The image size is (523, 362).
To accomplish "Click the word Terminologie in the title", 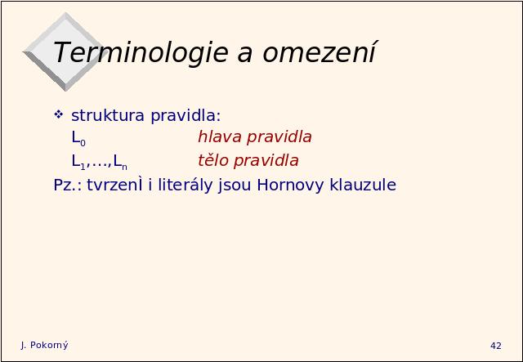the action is point(141,53).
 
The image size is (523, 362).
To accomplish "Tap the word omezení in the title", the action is point(320,52).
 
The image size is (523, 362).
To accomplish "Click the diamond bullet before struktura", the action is point(58,114).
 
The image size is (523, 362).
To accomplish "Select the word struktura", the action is point(108,115).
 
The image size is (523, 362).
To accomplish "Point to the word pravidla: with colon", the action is point(186,115).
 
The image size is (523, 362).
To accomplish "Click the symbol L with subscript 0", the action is point(78,138).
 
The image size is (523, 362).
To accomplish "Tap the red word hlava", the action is point(220,136).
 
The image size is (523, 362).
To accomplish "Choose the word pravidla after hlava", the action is point(279,137).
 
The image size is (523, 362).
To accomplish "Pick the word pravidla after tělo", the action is point(266,161).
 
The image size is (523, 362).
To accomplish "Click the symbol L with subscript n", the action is point(120,162).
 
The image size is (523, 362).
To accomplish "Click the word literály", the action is point(186,185).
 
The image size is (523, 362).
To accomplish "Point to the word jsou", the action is point(235,185).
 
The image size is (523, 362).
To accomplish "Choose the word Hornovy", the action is point(290,185).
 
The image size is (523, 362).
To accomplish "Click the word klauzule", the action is point(363,185).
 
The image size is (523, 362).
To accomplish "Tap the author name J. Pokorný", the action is point(44,346).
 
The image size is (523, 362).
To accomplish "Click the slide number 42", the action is point(496,346).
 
